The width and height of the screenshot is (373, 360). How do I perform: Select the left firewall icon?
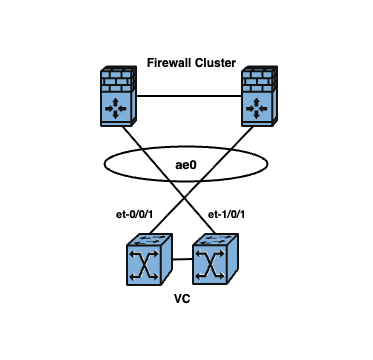(118, 96)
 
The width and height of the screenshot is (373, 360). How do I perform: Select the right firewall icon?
(260, 96)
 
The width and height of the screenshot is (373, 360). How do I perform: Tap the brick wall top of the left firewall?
(118, 79)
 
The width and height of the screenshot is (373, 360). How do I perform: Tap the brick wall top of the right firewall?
(260, 79)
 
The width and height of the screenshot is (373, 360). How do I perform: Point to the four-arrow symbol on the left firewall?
(116, 108)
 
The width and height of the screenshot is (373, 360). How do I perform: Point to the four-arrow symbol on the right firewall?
(257, 108)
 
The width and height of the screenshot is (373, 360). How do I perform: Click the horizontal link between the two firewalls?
(189, 96)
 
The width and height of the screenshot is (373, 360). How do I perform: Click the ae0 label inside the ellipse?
(186, 165)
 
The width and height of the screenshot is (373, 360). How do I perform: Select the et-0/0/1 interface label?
(134, 215)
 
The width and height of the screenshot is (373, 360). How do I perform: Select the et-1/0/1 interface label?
(226, 215)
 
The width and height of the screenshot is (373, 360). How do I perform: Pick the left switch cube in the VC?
(149, 259)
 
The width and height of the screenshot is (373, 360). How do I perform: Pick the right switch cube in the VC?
(215, 259)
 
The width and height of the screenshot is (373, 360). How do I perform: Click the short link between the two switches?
(183, 259)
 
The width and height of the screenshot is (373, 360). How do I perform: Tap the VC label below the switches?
(182, 299)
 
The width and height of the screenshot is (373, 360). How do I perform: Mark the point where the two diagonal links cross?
(184, 199)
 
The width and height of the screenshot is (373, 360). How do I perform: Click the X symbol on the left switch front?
(144, 265)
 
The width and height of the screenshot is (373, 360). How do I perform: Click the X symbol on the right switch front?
(210, 265)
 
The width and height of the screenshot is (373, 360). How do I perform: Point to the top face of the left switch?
(150, 240)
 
